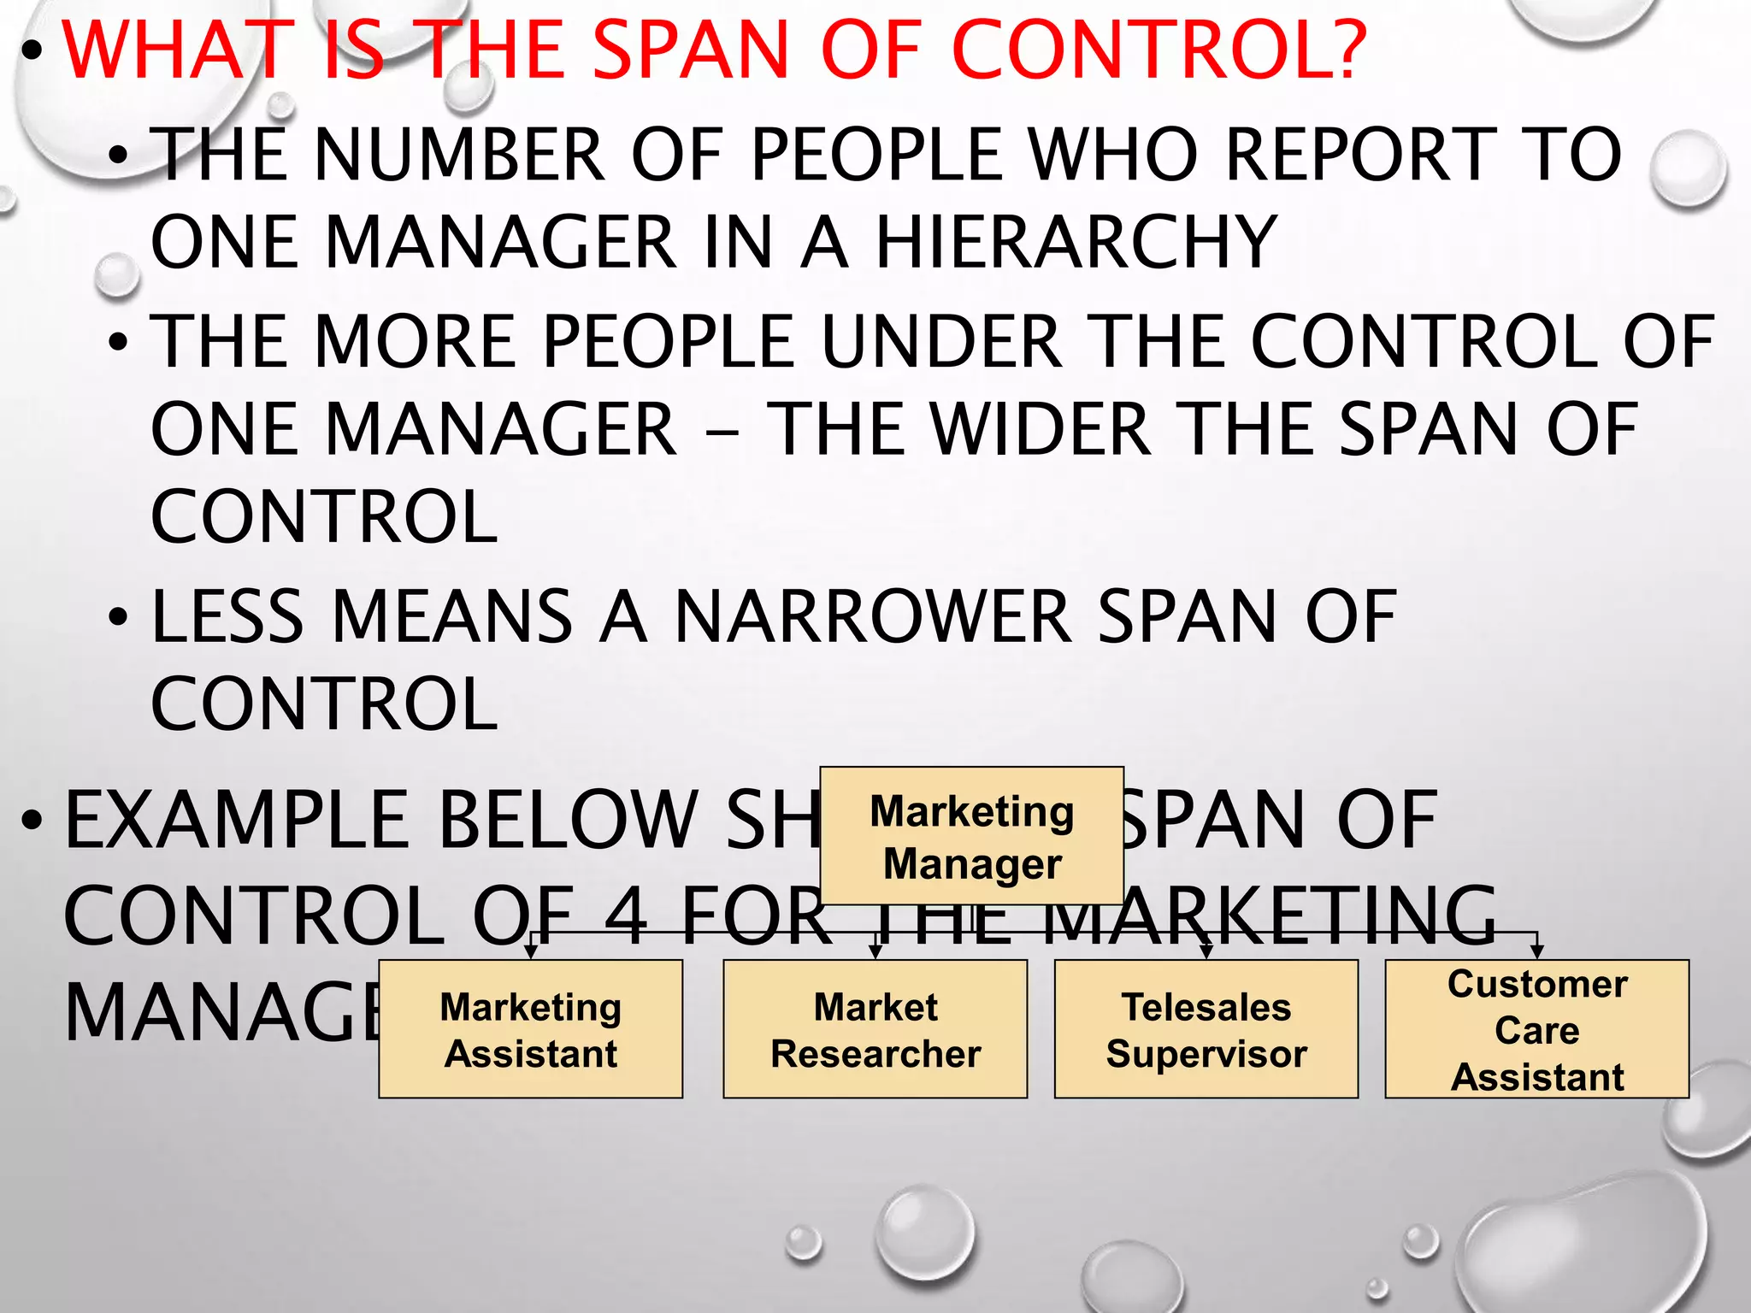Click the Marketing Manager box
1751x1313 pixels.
click(x=971, y=836)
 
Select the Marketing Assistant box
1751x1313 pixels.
click(x=530, y=1029)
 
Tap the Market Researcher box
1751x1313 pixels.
click(x=875, y=1029)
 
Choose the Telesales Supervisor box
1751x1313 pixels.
click(x=1206, y=1029)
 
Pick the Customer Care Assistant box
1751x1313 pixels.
click(x=1536, y=1029)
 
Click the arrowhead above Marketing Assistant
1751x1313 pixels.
click(x=530, y=951)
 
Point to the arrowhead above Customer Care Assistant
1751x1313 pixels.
click(x=1536, y=951)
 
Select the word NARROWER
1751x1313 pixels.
click(x=872, y=616)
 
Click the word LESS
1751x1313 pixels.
click(x=227, y=616)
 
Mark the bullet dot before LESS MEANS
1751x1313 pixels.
click(x=118, y=617)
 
